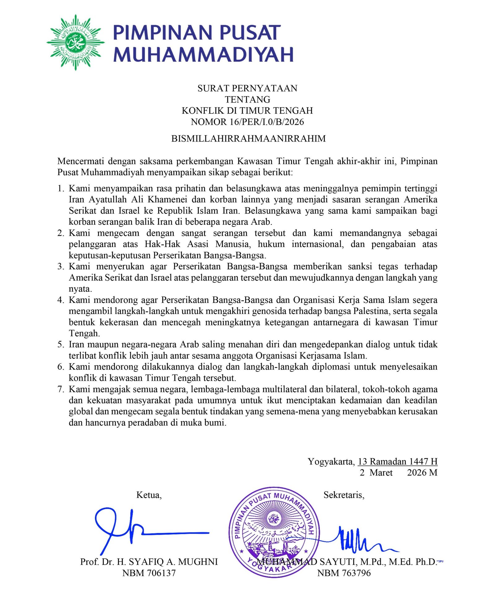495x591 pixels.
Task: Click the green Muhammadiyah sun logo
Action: [x=75, y=42]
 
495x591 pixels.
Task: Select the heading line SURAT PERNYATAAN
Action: [x=247, y=88]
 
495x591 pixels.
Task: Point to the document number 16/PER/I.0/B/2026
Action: [x=266, y=122]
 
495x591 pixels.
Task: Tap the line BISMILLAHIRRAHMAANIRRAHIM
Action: [x=248, y=138]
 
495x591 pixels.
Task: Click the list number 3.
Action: [x=60, y=266]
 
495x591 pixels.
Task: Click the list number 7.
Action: [x=60, y=389]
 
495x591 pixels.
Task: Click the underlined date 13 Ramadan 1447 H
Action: [x=397, y=461]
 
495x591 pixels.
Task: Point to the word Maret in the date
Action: [x=381, y=473]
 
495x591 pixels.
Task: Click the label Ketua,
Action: [x=149, y=495]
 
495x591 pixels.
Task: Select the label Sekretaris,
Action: [x=344, y=495]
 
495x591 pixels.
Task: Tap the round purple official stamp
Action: [x=274, y=532]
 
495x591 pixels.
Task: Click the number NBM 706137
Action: [x=149, y=573]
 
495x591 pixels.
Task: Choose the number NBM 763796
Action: [x=344, y=573]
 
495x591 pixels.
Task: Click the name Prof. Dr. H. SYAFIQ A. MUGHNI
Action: [x=149, y=562]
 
